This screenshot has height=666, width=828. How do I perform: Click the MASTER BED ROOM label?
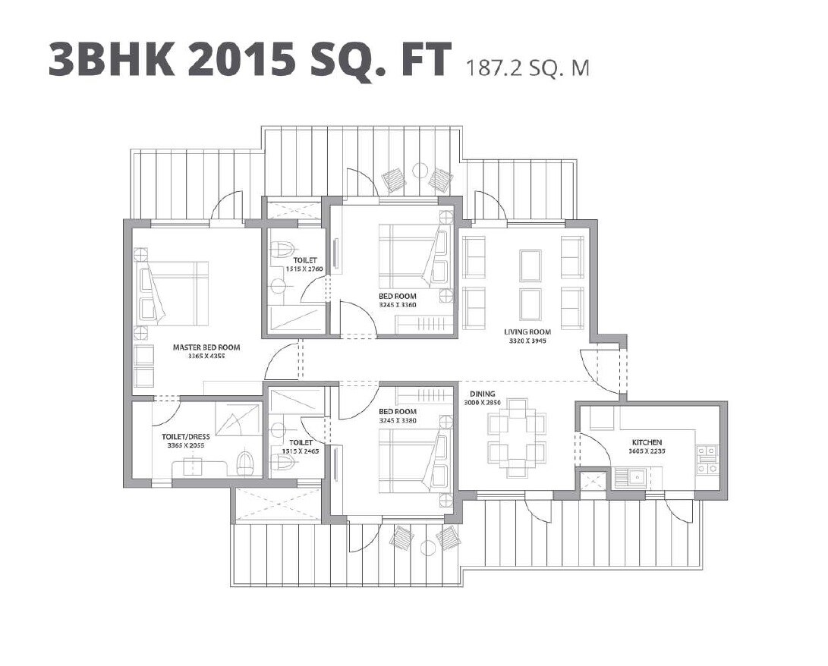coord(206,347)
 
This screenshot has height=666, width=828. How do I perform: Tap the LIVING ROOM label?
coord(527,331)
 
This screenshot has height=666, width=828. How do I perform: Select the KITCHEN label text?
coord(647,442)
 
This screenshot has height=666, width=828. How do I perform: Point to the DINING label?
coord(482,394)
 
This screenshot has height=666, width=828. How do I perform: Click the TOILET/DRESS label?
coord(186,437)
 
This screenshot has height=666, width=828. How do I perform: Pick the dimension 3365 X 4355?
coord(206,356)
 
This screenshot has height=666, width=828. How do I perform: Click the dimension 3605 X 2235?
coord(647,451)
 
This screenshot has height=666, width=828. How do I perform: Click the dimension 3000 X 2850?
coord(483,402)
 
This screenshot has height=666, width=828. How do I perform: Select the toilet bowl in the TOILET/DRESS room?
coord(244,463)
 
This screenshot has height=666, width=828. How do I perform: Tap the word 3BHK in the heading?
coord(112,60)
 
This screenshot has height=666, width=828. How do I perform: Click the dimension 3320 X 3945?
coord(527,341)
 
